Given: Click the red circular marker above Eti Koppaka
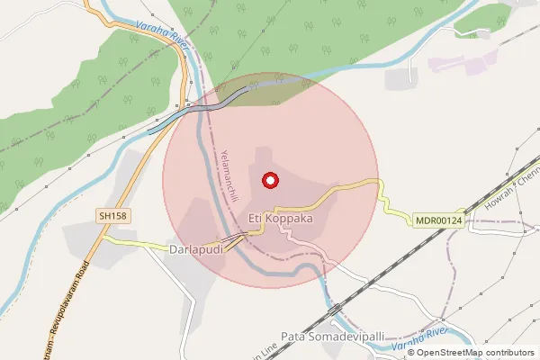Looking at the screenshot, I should click(x=269, y=180).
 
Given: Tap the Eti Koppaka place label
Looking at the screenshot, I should click(x=282, y=219).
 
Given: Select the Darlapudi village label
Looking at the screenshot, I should click(x=195, y=248).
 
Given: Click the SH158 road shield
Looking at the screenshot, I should click(x=112, y=215).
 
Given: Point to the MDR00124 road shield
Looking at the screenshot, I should click(x=438, y=220).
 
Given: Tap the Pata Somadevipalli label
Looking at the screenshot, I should click(x=332, y=337).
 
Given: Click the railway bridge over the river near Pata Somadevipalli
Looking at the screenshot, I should click(x=334, y=310).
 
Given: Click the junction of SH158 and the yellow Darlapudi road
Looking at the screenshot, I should click(x=101, y=239).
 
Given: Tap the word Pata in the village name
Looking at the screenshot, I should click(x=293, y=337).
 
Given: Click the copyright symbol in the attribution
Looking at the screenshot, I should click(x=413, y=353).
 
